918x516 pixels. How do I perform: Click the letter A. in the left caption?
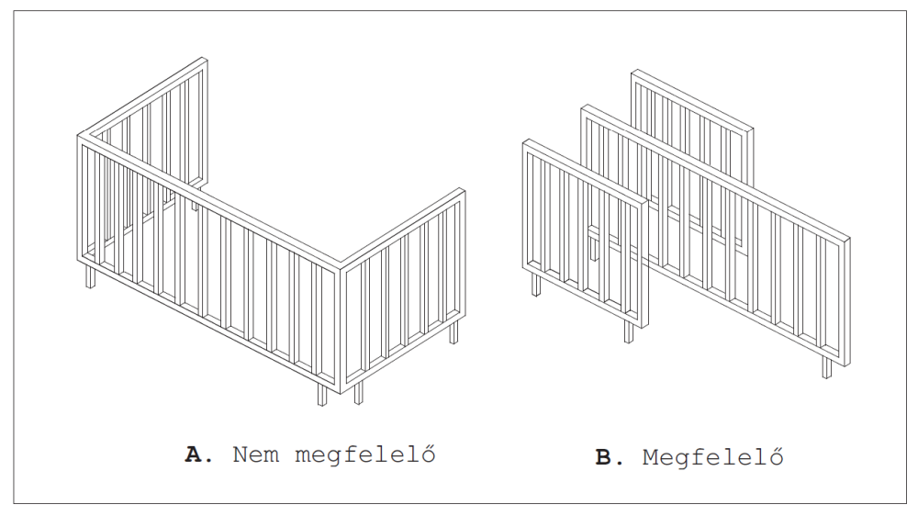tap(198, 454)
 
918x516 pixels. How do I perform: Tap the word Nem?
tap(256, 454)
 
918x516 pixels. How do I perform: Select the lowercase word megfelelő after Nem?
tap(365, 455)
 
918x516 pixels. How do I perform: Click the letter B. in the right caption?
tap(609, 457)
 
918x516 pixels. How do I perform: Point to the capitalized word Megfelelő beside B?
tap(712, 457)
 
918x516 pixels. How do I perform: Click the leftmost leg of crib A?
tap(90, 275)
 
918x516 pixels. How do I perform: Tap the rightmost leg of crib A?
tap(453, 331)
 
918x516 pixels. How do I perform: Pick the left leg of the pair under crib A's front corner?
tap(322, 394)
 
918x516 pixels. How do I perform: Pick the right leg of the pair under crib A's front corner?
tap(358, 392)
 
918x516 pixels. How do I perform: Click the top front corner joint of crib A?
tap(341, 265)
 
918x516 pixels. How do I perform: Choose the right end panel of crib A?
tap(403, 290)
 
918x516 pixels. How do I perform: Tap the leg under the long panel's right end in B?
tap(827, 367)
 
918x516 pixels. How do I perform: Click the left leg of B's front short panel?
tap(536, 285)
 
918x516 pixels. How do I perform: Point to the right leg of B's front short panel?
tap(629, 331)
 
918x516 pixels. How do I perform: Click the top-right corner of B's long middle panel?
tap(846, 239)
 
